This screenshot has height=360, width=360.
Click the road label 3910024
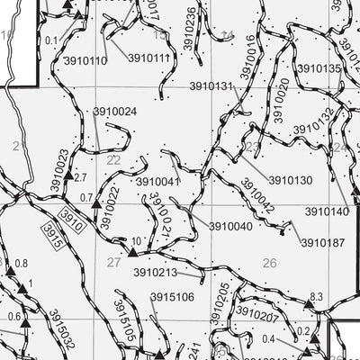[x=114, y=112]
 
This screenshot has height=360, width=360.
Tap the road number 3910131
[x=212, y=86]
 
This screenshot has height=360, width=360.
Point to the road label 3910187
[x=323, y=242]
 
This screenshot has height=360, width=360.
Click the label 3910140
[x=327, y=211]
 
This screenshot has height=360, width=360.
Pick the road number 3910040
[x=230, y=227]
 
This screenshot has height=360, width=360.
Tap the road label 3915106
[x=172, y=297]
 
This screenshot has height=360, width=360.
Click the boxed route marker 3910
[x=74, y=217]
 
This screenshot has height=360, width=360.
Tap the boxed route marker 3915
[x=54, y=231]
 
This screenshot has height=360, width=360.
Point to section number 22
[x=113, y=160]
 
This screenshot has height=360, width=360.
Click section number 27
[x=113, y=263]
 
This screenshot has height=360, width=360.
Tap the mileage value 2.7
[x=80, y=178]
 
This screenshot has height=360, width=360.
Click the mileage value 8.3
[x=316, y=296]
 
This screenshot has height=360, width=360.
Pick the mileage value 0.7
[x=86, y=196]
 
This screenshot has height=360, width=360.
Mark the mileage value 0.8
[x=22, y=263]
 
